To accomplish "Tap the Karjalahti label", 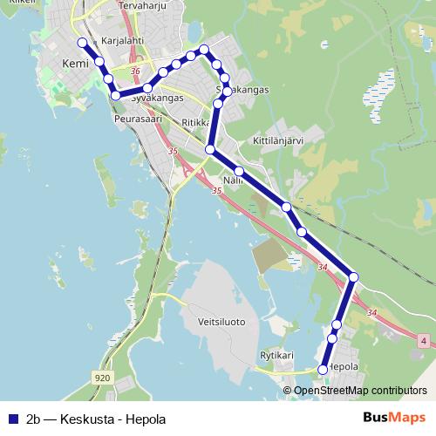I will click(121, 40).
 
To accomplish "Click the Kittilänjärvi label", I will click(277, 140).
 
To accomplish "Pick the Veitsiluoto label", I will click(221, 322).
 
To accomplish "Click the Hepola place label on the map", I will click(342, 367).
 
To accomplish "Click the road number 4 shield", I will click(424, 339).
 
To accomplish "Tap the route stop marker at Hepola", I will click(323, 370).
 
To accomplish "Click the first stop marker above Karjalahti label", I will click(82, 42).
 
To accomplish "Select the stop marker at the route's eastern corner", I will click(353, 277).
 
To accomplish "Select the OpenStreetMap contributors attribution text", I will click(361, 390).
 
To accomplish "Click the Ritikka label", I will click(197, 123).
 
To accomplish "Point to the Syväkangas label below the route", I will click(157, 99).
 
